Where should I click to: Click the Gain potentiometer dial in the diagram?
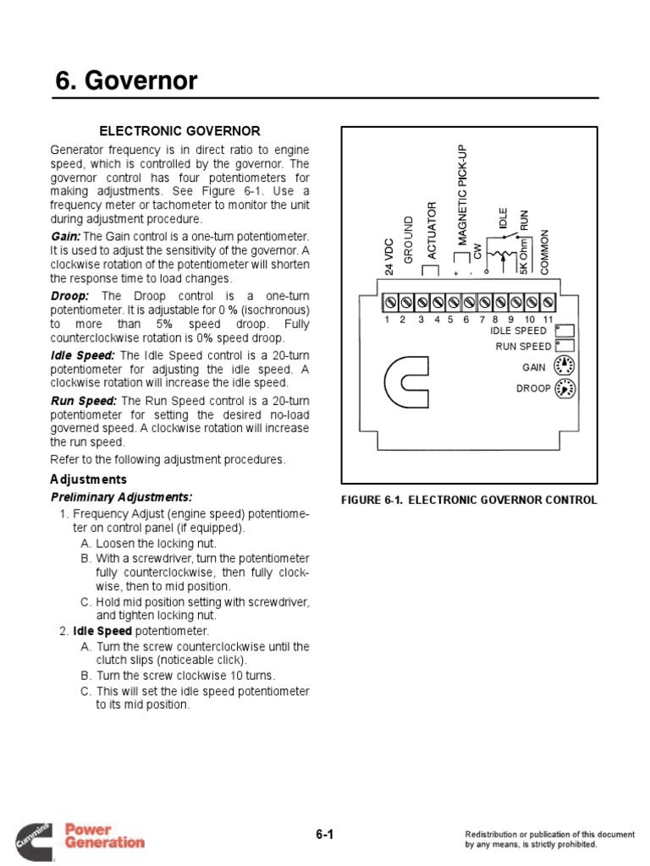coord(564,366)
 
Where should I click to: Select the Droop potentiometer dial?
coord(564,389)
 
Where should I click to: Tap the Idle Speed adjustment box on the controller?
coord(565,331)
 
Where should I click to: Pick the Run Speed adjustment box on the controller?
coord(565,345)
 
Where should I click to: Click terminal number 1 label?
coord(386,319)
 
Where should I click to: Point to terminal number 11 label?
coord(548,319)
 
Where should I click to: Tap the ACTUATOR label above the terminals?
coord(431,230)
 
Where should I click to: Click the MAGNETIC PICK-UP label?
coord(463,195)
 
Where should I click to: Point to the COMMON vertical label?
coord(545,251)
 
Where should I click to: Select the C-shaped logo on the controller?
coord(411,380)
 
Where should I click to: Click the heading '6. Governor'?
coord(126,81)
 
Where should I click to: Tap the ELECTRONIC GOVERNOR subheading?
coord(180,131)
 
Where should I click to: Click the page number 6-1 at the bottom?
coord(325,835)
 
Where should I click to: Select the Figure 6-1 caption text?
coord(469,500)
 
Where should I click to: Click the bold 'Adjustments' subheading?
coord(88,480)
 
